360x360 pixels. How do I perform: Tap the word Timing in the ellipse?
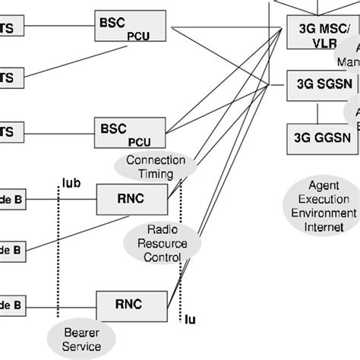pyautogui.click(x=155, y=174)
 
